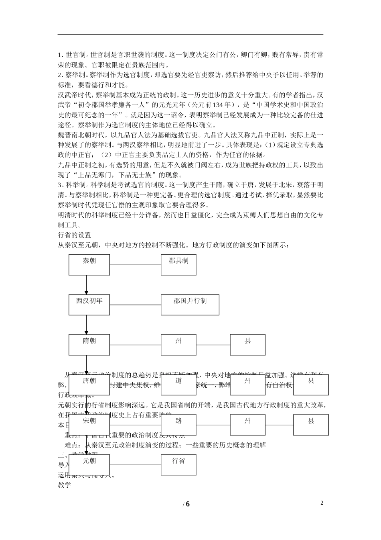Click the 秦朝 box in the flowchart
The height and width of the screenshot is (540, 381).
(89, 265)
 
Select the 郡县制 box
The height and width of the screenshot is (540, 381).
(178, 265)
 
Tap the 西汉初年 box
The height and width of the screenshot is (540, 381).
(89, 305)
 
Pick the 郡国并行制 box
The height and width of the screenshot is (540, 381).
(190, 305)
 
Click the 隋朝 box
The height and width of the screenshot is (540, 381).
(89, 345)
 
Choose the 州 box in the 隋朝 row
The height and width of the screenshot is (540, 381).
(178, 345)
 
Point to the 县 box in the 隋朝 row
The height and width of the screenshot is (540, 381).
(247, 345)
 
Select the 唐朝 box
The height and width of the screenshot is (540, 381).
(89, 385)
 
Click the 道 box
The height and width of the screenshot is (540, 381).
(178, 385)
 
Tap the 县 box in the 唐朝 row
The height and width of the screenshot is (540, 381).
(311, 385)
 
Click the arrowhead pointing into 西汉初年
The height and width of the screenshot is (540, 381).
(86, 292)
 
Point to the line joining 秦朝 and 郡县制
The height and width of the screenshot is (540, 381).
(135, 265)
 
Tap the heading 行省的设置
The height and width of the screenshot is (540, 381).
(75, 235)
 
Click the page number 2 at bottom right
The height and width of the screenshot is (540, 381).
(322, 503)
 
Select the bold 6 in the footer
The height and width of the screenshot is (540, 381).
(187, 504)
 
